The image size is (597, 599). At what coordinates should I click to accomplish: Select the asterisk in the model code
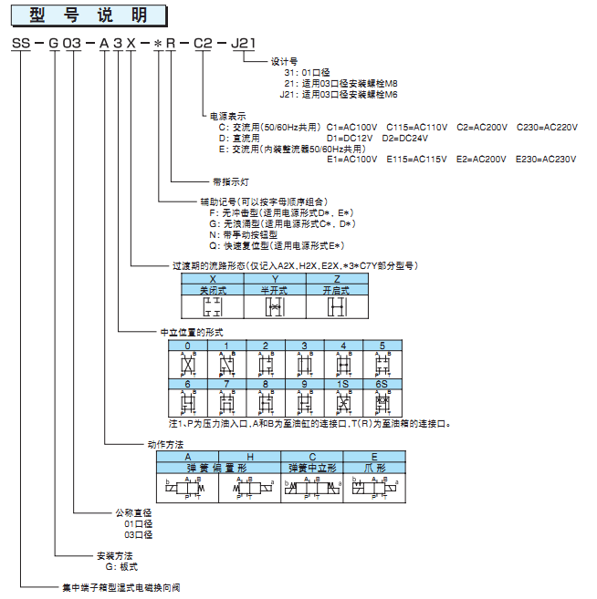(x=157, y=44)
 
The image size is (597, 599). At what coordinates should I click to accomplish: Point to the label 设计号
(x=285, y=61)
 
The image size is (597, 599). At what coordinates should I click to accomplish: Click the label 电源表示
(x=228, y=116)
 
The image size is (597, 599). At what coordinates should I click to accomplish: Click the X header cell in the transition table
(x=213, y=278)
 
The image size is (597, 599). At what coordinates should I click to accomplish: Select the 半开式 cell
(x=275, y=289)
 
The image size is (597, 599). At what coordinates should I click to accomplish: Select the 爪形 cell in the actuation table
(x=374, y=466)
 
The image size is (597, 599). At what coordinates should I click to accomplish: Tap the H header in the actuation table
(x=249, y=455)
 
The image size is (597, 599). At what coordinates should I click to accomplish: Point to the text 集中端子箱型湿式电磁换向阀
(x=120, y=588)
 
